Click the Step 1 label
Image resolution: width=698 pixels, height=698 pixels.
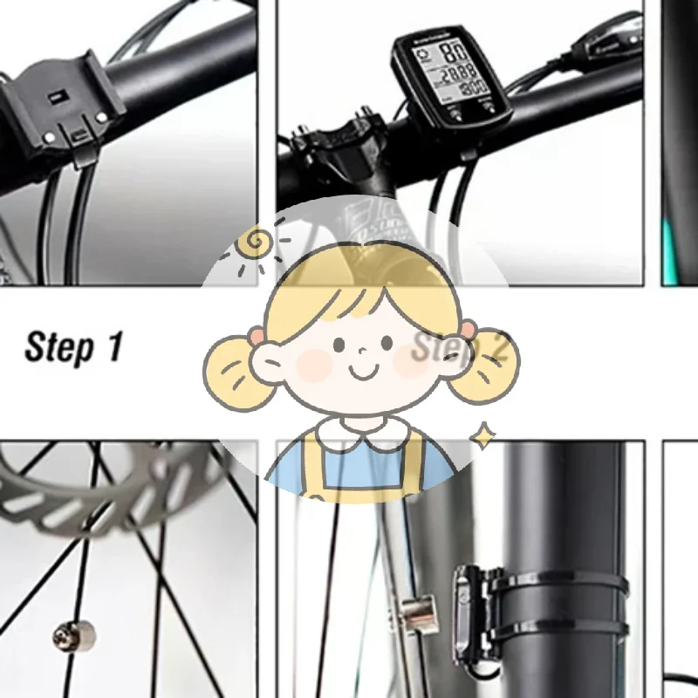pos(73,346)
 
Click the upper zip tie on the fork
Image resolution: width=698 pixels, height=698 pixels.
pos(576,582)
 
